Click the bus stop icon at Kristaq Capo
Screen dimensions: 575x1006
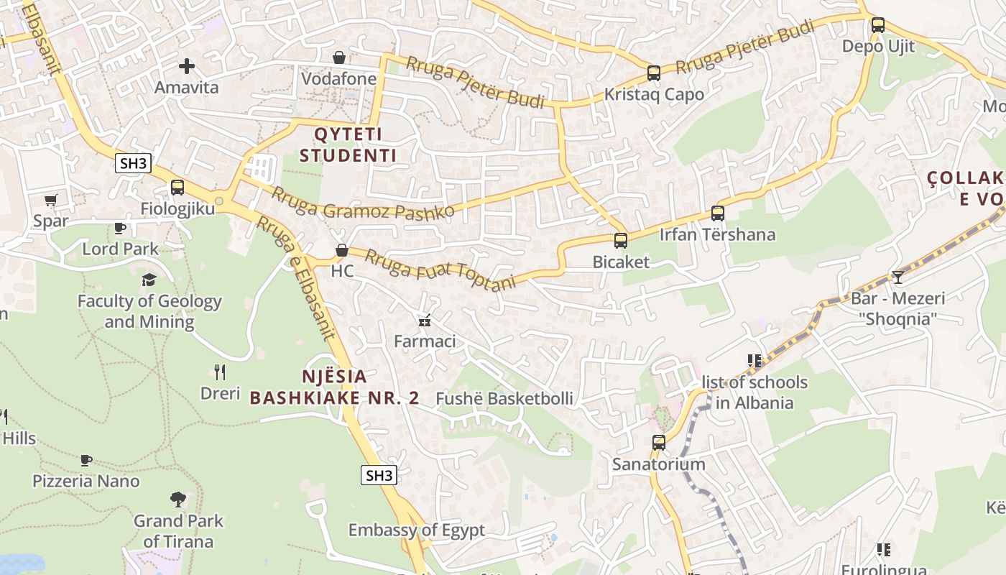(653, 73)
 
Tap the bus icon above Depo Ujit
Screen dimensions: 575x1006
(877, 25)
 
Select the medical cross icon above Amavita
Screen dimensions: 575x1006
(187, 66)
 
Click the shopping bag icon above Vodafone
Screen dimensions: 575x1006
(338, 57)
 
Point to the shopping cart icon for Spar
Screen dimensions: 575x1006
(50, 200)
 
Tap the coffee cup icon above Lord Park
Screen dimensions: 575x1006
(120, 228)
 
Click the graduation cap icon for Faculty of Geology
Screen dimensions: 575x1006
(149, 280)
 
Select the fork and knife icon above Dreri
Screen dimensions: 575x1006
(220, 372)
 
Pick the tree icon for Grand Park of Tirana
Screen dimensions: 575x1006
(178, 499)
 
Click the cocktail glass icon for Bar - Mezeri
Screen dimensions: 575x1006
(897, 277)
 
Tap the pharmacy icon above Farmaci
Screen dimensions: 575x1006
(425, 320)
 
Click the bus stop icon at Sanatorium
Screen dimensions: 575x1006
(658, 443)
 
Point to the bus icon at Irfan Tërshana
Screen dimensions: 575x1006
(717, 213)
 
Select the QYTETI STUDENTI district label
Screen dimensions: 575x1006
(348, 144)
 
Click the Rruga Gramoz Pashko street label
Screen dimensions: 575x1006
(362, 203)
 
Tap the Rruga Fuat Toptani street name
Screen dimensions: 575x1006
(440, 270)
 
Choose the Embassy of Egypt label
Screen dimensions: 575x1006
(417, 530)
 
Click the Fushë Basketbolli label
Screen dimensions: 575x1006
(504, 398)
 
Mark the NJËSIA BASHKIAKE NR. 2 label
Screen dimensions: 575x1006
(333, 387)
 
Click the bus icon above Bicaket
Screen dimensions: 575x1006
(620, 241)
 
